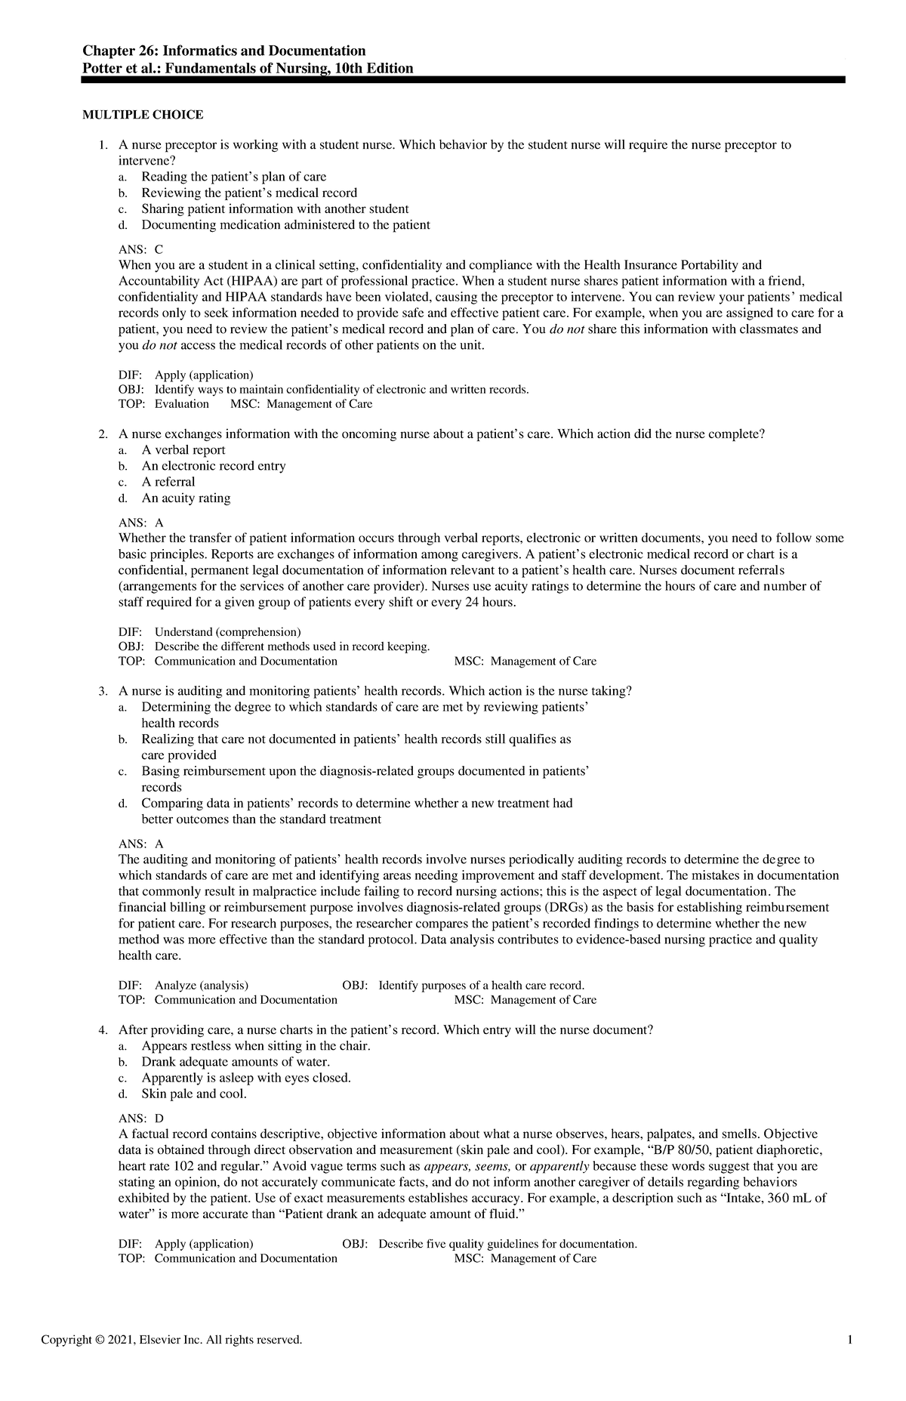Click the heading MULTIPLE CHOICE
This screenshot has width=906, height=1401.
[142, 115]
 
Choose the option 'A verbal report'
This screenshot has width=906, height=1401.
[183, 450]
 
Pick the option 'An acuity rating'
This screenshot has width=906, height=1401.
[186, 498]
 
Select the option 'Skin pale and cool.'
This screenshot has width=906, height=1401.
[194, 1094]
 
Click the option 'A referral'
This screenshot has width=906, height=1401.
[168, 482]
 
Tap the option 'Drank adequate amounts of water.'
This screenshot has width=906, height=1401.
[236, 1062]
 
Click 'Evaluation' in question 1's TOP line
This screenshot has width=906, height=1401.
[182, 404]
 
